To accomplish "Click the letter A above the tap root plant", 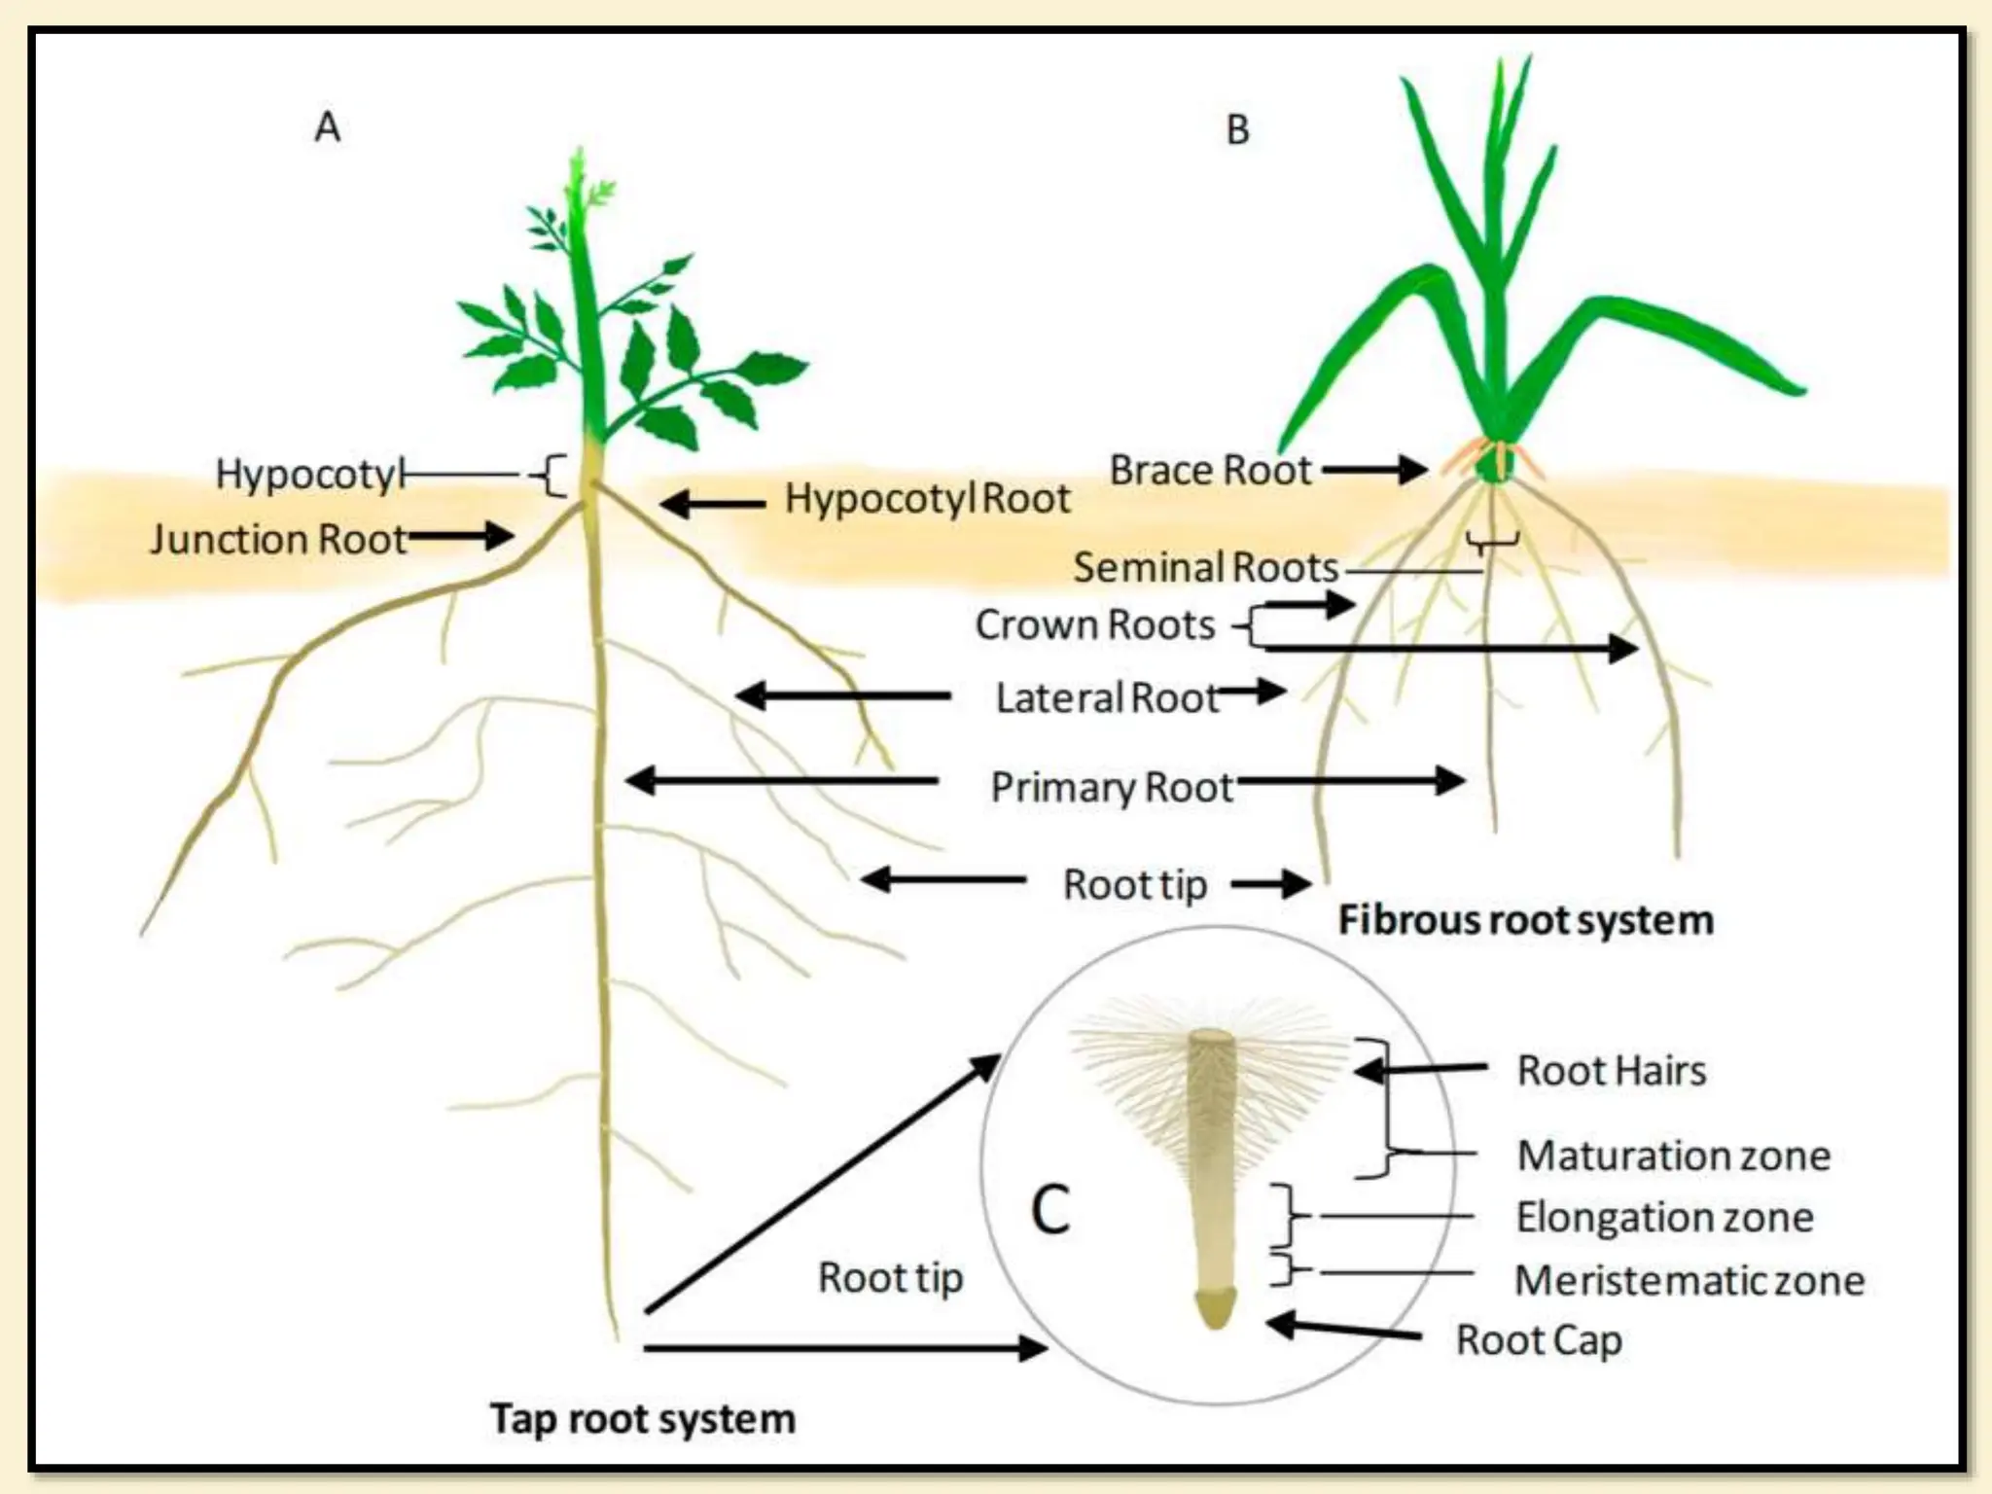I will tap(328, 127).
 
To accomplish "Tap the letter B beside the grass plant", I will tap(1237, 130).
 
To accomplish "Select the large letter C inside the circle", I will tap(1050, 1210).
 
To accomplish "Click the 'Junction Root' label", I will tap(278, 539).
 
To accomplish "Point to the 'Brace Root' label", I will tap(1210, 470).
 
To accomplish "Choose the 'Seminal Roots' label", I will tap(1205, 567).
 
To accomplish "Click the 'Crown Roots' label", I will tap(1095, 624).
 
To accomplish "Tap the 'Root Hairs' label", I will tap(1612, 1070).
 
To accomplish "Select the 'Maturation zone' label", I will tap(1673, 1156).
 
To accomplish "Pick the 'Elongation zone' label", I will tap(1664, 1217).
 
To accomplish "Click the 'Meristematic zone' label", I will tap(1690, 1280).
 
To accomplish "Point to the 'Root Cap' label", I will tap(1539, 1339).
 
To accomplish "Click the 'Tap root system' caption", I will tap(642, 1418).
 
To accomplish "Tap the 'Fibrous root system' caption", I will tap(1525, 919).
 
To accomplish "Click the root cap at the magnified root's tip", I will tap(1215, 1308).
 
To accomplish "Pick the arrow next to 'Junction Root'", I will tap(461, 536).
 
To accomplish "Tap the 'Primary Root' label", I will tap(1111, 786).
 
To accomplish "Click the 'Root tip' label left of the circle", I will tap(890, 1277).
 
